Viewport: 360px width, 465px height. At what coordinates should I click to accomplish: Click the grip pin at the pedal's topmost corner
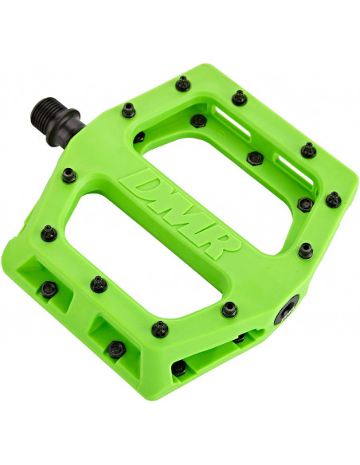pos(238,96)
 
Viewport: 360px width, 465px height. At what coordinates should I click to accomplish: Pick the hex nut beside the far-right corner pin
pos(304,204)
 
